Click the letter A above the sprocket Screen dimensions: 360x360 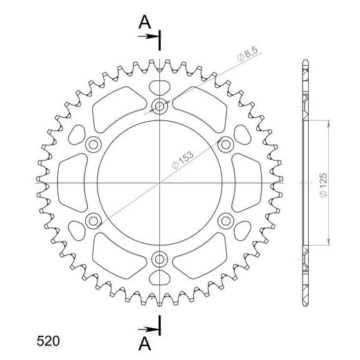click(x=144, y=23)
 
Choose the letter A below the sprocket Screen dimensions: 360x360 click(x=144, y=341)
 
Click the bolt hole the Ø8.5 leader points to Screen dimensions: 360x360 click(x=160, y=106)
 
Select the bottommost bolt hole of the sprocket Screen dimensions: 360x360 click(x=160, y=259)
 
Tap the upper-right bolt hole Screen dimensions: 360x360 click(x=226, y=144)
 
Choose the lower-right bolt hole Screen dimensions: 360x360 click(x=226, y=221)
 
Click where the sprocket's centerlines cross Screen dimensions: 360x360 click(x=160, y=182)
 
